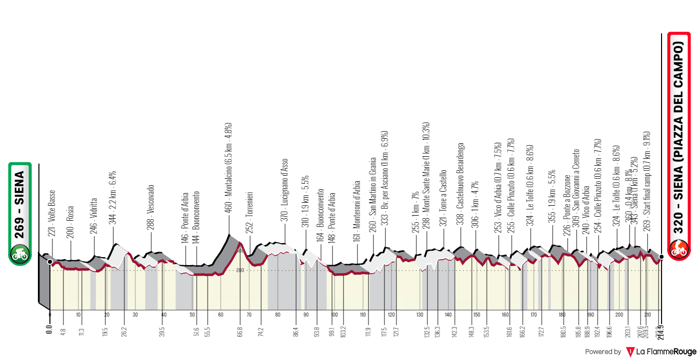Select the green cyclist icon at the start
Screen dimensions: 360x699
(20, 253)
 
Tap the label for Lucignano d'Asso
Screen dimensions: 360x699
(285, 193)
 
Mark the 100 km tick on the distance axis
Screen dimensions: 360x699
(335, 315)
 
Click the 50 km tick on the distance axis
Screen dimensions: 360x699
(192, 315)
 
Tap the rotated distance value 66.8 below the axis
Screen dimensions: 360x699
(240, 332)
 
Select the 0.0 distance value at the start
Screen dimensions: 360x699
(49, 331)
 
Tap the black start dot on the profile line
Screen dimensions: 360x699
(50, 261)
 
